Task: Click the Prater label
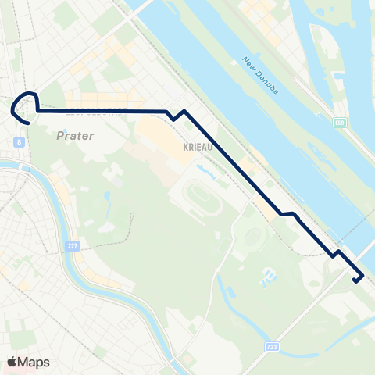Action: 75,136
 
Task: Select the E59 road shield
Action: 340,122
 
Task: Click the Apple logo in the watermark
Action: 12,362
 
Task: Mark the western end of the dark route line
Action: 28,123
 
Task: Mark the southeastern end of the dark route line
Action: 355,281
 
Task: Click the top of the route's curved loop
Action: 27,95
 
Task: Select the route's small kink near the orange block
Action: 287,213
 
